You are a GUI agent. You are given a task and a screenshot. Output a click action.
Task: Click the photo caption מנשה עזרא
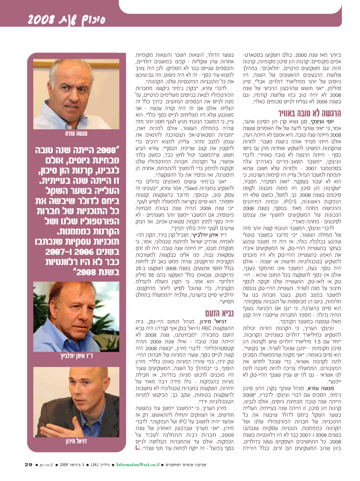click(x=76, y=133)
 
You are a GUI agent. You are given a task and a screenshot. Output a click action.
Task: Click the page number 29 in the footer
click(x=28, y=464)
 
